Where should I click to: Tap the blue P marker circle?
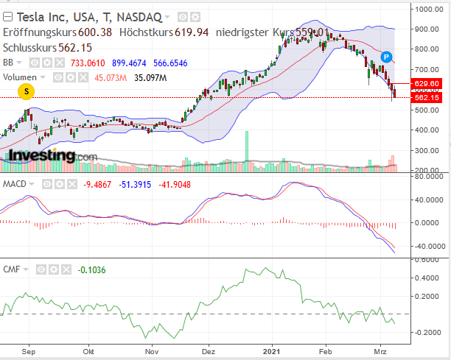(x=387, y=57)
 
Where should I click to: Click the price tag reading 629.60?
(x=427, y=84)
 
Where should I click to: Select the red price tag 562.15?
(x=427, y=98)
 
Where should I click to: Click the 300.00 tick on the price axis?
(x=427, y=151)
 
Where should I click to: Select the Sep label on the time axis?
(x=29, y=353)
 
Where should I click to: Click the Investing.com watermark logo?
(x=52, y=156)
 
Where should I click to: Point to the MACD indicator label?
(x=15, y=183)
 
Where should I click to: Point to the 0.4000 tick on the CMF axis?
(x=427, y=278)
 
